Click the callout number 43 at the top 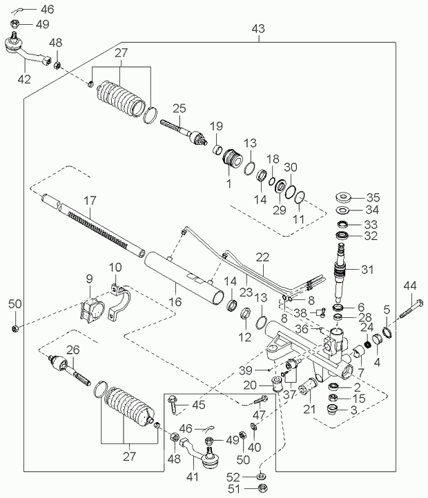(258, 28)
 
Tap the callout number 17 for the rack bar (90, 201)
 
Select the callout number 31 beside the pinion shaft (367, 270)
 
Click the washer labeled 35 (343, 197)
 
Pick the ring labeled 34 (343, 210)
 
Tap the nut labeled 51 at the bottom (262, 488)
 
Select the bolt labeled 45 (172, 404)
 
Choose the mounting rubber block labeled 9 (92, 310)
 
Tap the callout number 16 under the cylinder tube (175, 301)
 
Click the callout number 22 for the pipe (262, 257)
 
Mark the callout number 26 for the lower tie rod (72, 350)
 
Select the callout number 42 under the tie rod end (24, 79)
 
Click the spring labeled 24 (368, 344)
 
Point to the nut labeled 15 (333, 397)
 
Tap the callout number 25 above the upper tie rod (179, 108)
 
